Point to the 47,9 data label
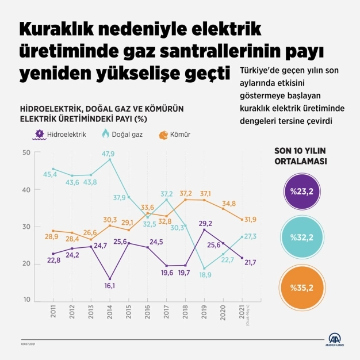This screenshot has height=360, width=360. pyautogui.click(x=109, y=154)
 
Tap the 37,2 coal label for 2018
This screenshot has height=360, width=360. pyautogui.click(x=185, y=193)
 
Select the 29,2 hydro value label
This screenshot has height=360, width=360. pyautogui.click(x=206, y=223)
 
